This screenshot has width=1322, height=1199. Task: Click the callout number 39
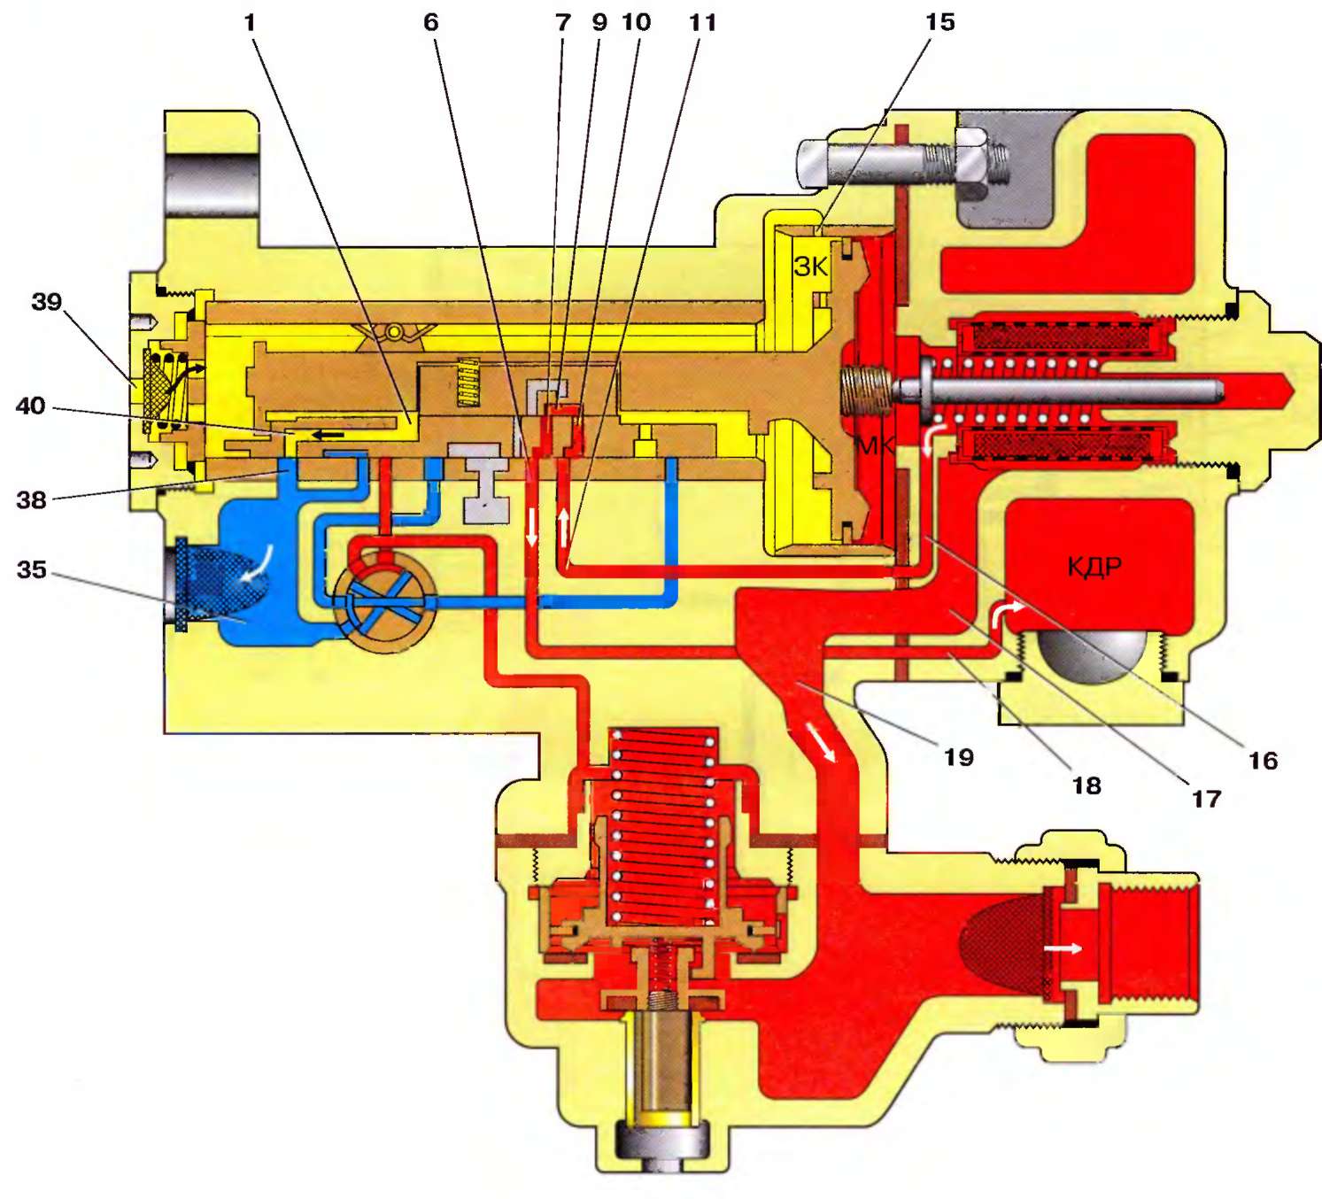click(46, 302)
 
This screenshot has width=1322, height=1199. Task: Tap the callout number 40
click(30, 406)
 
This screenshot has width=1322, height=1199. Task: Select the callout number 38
click(31, 500)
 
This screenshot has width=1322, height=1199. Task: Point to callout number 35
click(31, 569)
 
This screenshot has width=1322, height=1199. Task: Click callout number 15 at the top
click(939, 22)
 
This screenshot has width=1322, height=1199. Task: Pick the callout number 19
click(958, 757)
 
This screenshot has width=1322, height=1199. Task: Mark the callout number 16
click(1263, 761)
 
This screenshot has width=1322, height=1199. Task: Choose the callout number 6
click(430, 22)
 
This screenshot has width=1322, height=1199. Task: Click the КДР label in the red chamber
click(1094, 566)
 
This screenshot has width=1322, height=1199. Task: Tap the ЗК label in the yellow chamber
click(810, 267)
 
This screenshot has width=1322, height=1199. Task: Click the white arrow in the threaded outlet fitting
click(1063, 948)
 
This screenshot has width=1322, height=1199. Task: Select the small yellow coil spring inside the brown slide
click(467, 383)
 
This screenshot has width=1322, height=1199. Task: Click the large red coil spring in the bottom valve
click(662, 824)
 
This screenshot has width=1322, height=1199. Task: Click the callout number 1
click(250, 22)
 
